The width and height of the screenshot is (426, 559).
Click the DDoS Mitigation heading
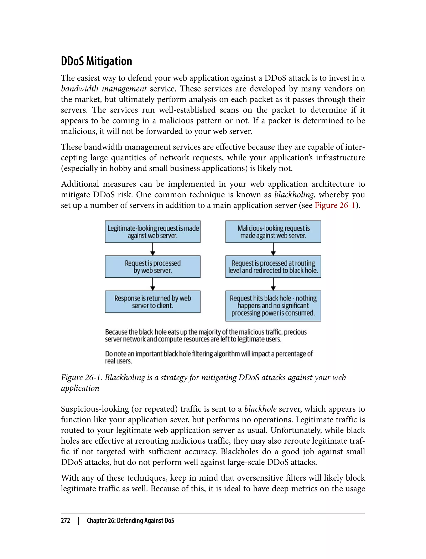pyautogui.click(x=96, y=61)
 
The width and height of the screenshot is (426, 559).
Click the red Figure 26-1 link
pyautogui.click(x=335, y=205)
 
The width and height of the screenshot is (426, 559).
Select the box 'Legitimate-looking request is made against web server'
pyautogui.click(x=153, y=232)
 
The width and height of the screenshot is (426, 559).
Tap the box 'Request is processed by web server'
pyautogui.click(x=153, y=267)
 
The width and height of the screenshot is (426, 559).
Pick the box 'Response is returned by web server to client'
pyautogui.click(x=153, y=302)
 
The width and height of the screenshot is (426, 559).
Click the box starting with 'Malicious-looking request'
pyautogui.click(x=273, y=232)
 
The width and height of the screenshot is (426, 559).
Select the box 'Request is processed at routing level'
pyautogui.click(x=273, y=267)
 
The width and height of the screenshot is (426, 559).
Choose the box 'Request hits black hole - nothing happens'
pyautogui.click(x=273, y=306)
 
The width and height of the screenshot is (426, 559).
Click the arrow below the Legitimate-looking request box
pyautogui.click(x=153, y=249)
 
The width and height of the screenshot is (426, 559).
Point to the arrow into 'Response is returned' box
pyautogui.click(x=153, y=284)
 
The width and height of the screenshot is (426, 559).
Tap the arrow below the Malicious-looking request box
pyautogui.click(x=273, y=249)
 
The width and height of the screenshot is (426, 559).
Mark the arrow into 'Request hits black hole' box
pyautogui.click(x=273, y=284)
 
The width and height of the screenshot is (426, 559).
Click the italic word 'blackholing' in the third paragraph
pyautogui.click(x=294, y=194)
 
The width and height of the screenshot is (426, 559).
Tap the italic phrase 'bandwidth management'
pyautogui.click(x=104, y=89)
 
